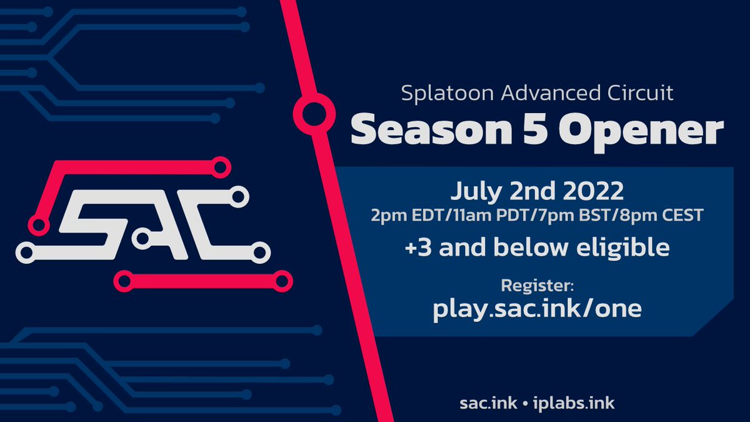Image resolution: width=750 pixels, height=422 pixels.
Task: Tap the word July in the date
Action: (475, 189)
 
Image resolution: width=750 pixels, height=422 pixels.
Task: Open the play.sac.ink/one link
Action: (537, 309)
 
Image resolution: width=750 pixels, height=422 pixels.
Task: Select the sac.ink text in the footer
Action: (487, 403)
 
